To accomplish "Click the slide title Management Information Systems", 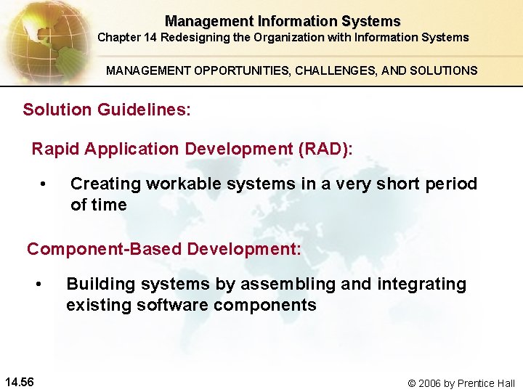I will [x=282, y=21].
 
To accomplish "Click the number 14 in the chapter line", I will [x=152, y=37].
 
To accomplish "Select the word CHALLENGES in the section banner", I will [x=318, y=70].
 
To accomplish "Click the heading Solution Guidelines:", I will [x=107, y=110].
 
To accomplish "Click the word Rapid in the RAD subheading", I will [x=56, y=149].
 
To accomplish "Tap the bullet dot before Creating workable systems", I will [x=44, y=184].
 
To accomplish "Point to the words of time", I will [x=98, y=205].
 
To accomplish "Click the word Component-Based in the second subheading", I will [x=104, y=249].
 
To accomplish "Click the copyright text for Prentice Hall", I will [x=461, y=383].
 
